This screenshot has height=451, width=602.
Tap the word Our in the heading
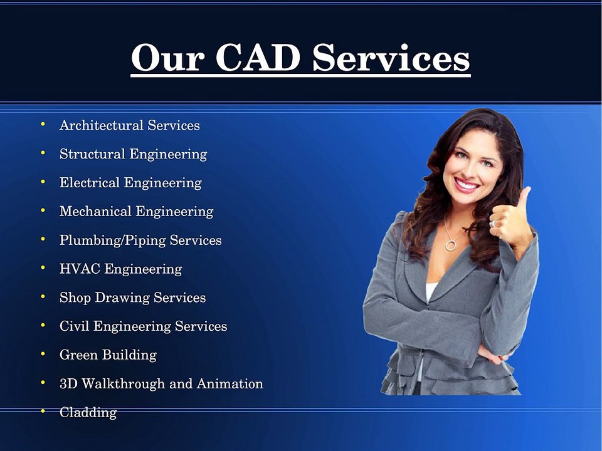[166, 58]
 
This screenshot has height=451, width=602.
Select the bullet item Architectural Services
[129, 125]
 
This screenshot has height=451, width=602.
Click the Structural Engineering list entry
[133, 154]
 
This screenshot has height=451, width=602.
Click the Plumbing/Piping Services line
[140, 241]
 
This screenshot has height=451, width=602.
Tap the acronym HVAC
[80, 269]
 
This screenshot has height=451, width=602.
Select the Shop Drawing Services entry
[132, 298]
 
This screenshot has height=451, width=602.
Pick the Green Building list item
[108, 355]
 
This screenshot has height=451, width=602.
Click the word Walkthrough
[122, 383]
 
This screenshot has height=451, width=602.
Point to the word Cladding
[88, 412]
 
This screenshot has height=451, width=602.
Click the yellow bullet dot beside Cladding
[43, 411]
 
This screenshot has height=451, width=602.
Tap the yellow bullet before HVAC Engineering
[43, 267]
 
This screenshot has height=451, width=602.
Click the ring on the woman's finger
[494, 222]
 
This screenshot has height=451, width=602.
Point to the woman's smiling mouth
[467, 184]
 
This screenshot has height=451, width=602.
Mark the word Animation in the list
[230, 383]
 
